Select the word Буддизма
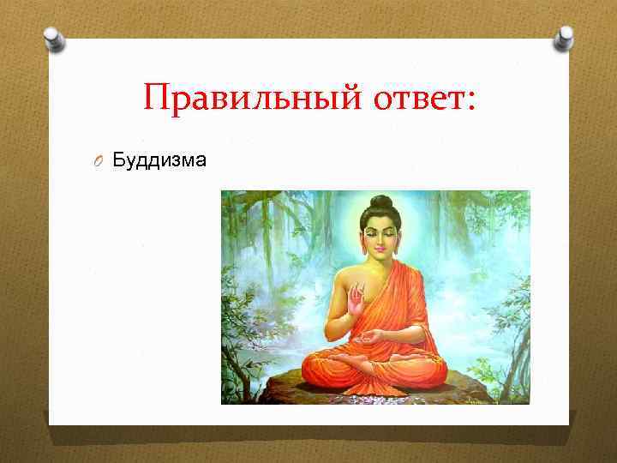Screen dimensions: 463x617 [x=159, y=159]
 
